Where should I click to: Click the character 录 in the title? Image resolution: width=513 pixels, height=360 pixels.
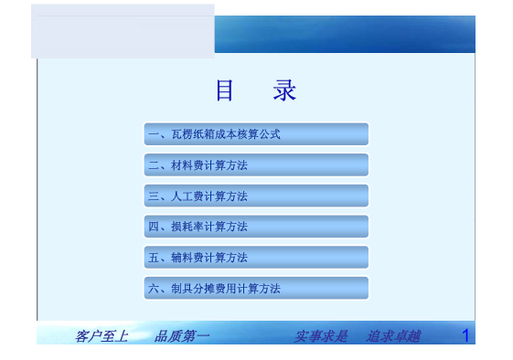tap(284, 91)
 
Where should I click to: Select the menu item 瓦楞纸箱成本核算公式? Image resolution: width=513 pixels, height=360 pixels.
tap(256, 134)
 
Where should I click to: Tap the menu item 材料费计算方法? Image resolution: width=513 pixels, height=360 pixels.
tap(256, 165)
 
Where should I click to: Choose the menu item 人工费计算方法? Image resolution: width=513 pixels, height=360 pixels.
tap(256, 196)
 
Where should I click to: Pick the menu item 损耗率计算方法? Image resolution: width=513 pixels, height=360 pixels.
tap(256, 227)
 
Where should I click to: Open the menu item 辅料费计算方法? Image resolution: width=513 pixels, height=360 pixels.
tap(256, 258)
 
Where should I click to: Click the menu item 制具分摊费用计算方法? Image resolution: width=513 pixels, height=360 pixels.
tap(256, 289)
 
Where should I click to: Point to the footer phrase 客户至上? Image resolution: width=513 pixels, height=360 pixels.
tap(101, 336)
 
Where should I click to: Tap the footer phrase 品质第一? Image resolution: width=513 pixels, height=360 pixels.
tap(182, 336)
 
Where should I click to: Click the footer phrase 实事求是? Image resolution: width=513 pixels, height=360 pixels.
tap(321, 336)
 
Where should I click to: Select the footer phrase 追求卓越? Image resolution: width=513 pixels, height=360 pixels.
tap(393, 336)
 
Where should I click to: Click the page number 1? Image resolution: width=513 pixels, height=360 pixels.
tap(465, 335)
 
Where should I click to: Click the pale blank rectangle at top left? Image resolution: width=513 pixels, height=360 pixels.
tap(123, 31)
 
